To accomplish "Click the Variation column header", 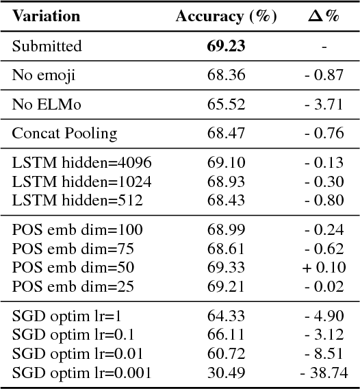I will (x=46, y=16).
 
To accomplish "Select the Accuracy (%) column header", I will (x=226, y=16).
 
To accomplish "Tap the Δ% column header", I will (x=323, y=16).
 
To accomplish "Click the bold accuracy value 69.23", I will (x=226, y=46).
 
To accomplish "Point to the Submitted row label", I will (x=47, y=46).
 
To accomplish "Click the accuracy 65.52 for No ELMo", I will (x=226, y=104).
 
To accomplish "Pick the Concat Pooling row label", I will (x=64, y=133).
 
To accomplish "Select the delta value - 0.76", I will (x=324, y=133).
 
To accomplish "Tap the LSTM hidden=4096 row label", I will (x=81, y=162).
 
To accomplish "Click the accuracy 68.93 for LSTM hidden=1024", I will (x=226, y=181).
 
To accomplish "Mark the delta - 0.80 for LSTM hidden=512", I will (x=324, y=200).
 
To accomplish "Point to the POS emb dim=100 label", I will (x=77, y=229).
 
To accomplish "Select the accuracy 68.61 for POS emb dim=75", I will (x=226, y=248).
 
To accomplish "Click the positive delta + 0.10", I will (x=324, y=267).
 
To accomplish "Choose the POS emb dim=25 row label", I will (x=73, y=286).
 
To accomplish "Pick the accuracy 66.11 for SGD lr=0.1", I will (x=226, y=334).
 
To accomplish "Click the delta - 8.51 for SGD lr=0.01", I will (x=324, y=353).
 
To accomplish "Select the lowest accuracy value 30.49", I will (x=226, y=373).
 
